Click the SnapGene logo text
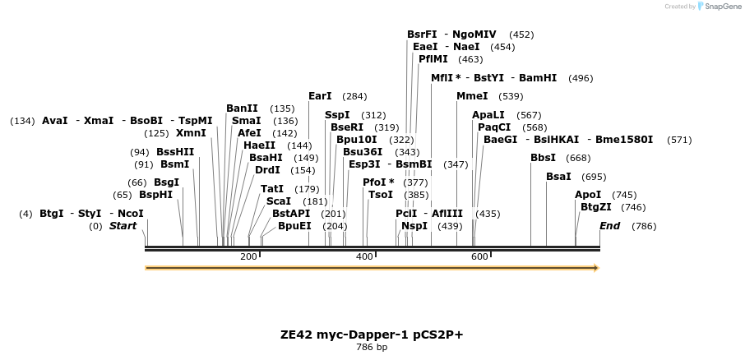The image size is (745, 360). tap(720, 7)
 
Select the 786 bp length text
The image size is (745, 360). tap(372, 348)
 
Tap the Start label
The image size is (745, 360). tap(123, 226)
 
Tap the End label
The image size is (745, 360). tap(609, 226)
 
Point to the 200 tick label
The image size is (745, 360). tap(248, 257)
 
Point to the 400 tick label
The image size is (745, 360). tap(364, 257)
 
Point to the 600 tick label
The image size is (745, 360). tap(479, 257)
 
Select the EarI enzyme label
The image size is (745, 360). tap(320, 96)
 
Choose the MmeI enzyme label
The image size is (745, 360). tap(472, 96)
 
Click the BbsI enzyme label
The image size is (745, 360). tap(543, 158)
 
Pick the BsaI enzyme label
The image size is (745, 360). tap(558, 177)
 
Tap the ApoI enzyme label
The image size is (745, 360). tap(588, 195)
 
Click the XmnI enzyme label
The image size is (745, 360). tap(191, 133)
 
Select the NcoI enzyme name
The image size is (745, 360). tap(131, 214)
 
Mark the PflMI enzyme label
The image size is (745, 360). tap(434, 59)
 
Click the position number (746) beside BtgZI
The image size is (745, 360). tap(633, 207)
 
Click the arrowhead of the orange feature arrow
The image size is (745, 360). tap(595, 268)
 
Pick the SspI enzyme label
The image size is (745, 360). tap(337, 115)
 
